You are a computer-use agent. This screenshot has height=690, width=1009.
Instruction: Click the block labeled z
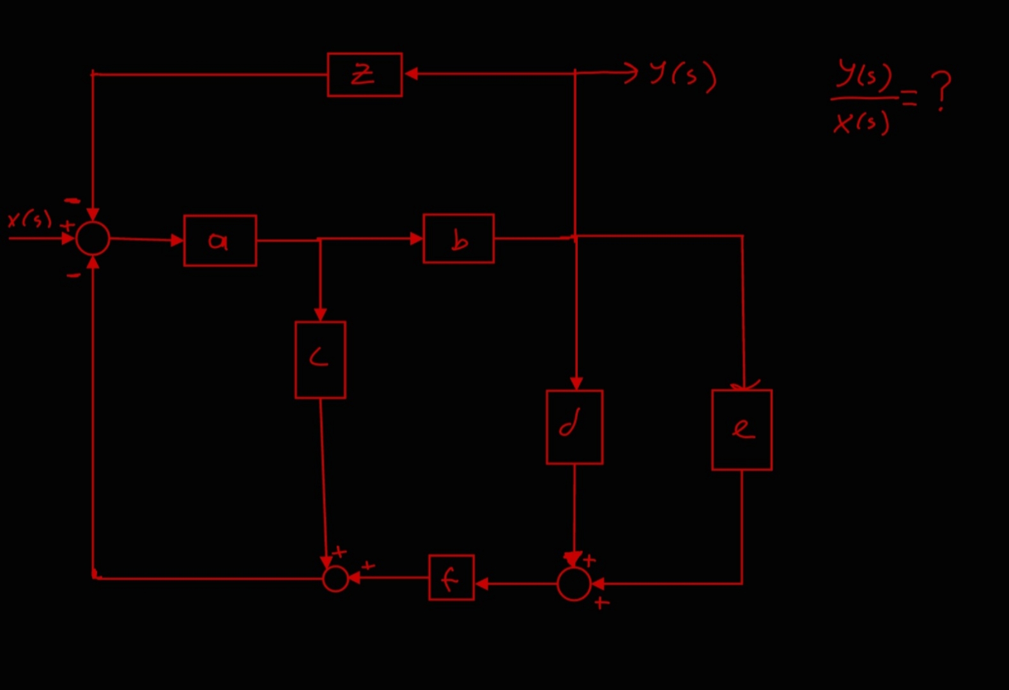(x=364, y=75)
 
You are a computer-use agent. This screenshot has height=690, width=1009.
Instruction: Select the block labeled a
(x=220, y=241)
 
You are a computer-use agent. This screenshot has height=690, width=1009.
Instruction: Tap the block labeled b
(x=458, y=239)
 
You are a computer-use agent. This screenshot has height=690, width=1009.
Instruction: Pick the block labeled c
(x=320, y=360)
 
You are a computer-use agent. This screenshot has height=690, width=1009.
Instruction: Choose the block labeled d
(x=574, y=427)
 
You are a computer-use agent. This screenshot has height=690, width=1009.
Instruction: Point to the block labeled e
(x=741, y=430)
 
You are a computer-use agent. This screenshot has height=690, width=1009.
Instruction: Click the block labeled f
(x=451, y=578)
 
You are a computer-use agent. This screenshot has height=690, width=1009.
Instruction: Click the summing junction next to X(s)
(x=93, y=238)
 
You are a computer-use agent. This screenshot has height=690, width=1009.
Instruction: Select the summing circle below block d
(x=574, y=584)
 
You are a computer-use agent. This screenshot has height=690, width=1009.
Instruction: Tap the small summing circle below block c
(x=335, y=579)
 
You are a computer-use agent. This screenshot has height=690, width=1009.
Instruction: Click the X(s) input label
(x=29, y=219)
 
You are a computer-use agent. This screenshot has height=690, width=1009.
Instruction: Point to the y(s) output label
(x=682, y=75)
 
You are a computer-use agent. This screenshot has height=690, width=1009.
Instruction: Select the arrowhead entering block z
(x=411, y=74)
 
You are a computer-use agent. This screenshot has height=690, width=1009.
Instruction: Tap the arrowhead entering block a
(x=177, y=241)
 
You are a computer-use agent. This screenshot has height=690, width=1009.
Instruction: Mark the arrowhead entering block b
(x=417, y=238)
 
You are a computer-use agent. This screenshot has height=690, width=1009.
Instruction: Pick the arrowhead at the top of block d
(x=576, y=383)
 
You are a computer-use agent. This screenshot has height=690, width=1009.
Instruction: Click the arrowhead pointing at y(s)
(x=631, y=72)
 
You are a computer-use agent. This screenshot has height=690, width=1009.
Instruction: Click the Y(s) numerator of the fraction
(x=865, y=75)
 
